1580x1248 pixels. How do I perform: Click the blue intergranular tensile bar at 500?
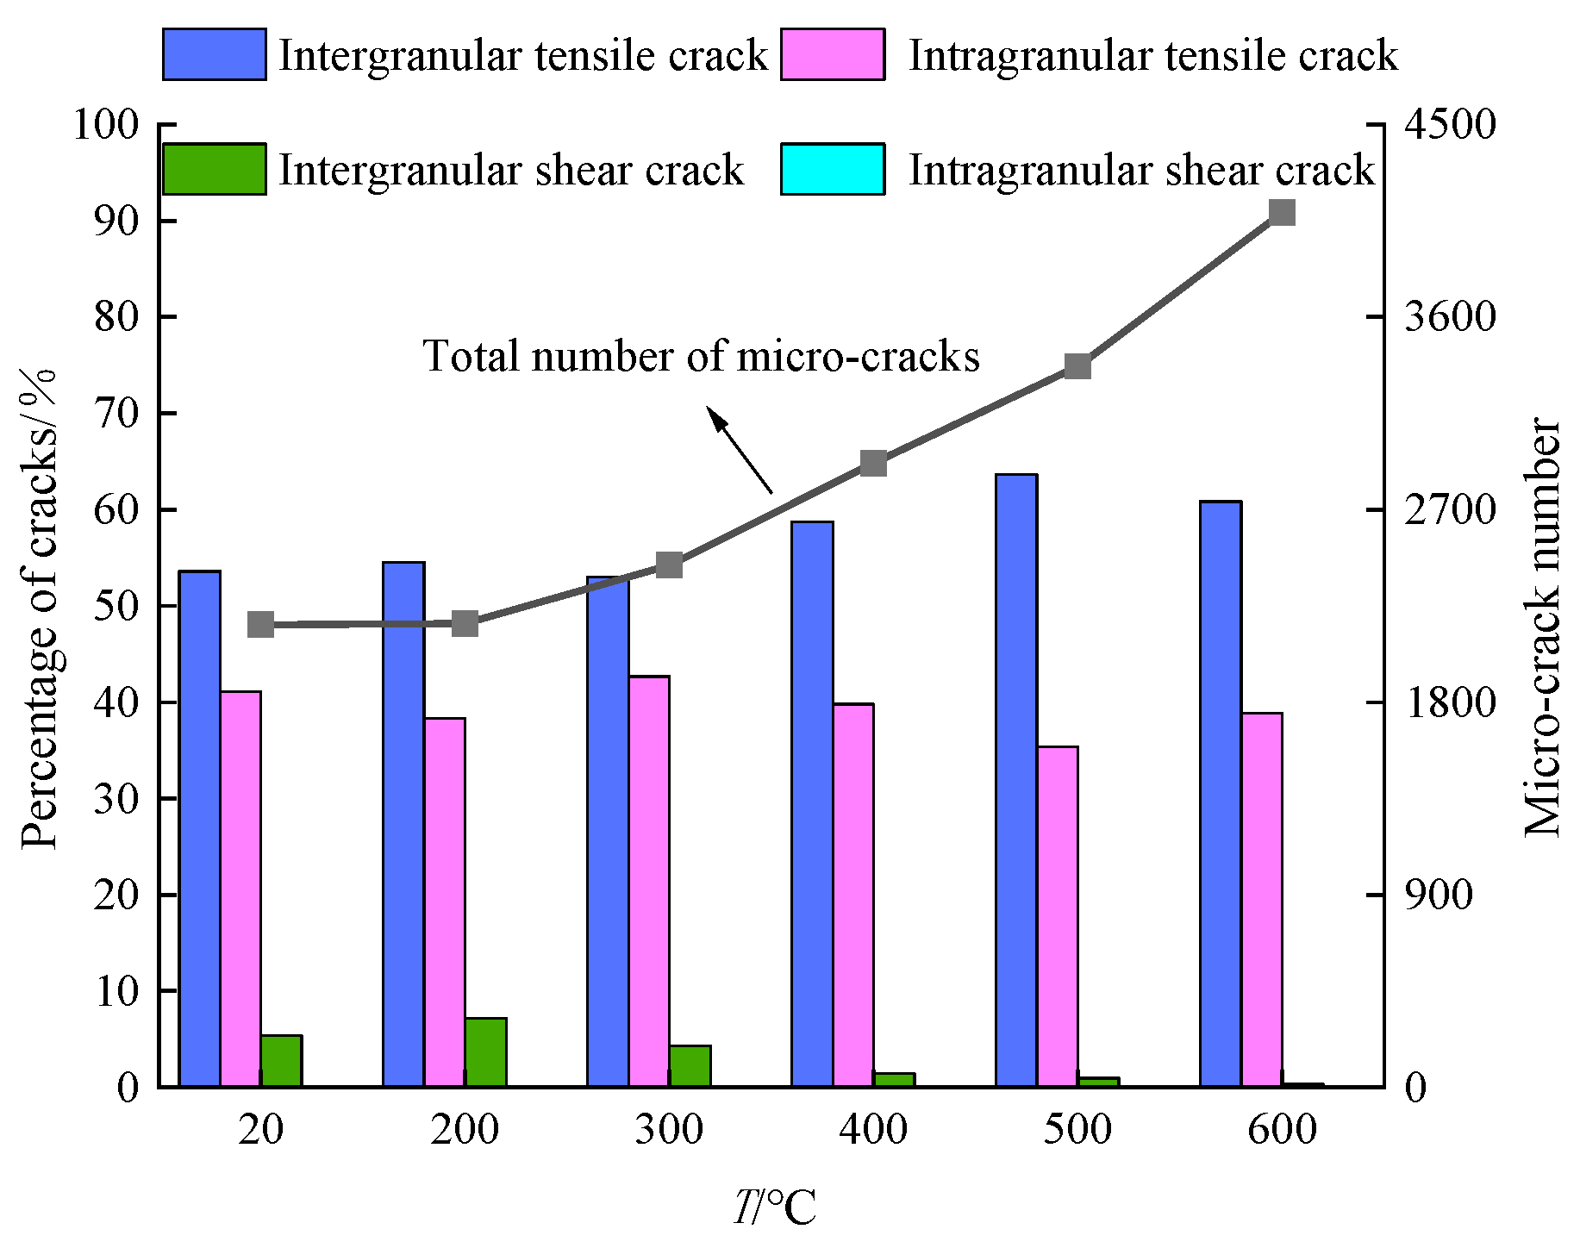[1016, 780]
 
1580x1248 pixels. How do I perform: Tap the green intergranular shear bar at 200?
[486, 1051]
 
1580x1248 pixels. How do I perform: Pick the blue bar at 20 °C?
[199, 828]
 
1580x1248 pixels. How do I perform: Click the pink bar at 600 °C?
[1262, 899]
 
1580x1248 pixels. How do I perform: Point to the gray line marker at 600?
[1283, 213]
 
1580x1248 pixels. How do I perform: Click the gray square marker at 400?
[874, 464]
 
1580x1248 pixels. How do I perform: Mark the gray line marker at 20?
[261, 625]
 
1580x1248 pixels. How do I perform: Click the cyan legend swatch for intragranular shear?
[833, 170]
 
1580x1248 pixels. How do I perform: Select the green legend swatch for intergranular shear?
[214, 170]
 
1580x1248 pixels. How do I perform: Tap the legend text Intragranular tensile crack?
[1152, 56]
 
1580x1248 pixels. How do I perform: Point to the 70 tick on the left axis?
[116, 414]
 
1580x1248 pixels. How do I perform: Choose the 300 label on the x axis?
[669, 1129]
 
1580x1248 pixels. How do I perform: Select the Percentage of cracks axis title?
[39, 608]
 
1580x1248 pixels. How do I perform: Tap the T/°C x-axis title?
[775, 1207]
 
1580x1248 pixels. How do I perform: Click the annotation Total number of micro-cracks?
[701, 356]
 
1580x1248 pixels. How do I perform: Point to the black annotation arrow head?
[714, 416]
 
